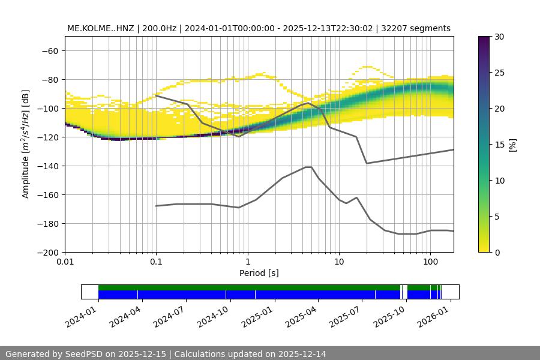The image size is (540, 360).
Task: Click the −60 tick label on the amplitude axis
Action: pos(50,50)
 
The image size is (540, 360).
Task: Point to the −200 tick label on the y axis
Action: pos(47,252)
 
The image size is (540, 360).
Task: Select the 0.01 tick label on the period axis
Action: pos(65,262)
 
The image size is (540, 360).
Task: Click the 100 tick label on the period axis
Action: pos(430,262)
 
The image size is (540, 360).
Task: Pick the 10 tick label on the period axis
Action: pos(338,262)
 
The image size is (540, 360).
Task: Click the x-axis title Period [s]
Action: pos(259,273)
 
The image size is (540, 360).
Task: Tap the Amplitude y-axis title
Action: pos(26,144)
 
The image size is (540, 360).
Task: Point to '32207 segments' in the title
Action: pos(420,28)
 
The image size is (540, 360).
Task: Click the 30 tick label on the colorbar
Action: pos(499,37)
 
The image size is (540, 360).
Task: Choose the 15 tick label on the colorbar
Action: pos(499,144)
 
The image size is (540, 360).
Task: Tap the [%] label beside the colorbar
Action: pos(513,144)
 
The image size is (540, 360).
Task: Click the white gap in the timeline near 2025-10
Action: pos(404,292)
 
